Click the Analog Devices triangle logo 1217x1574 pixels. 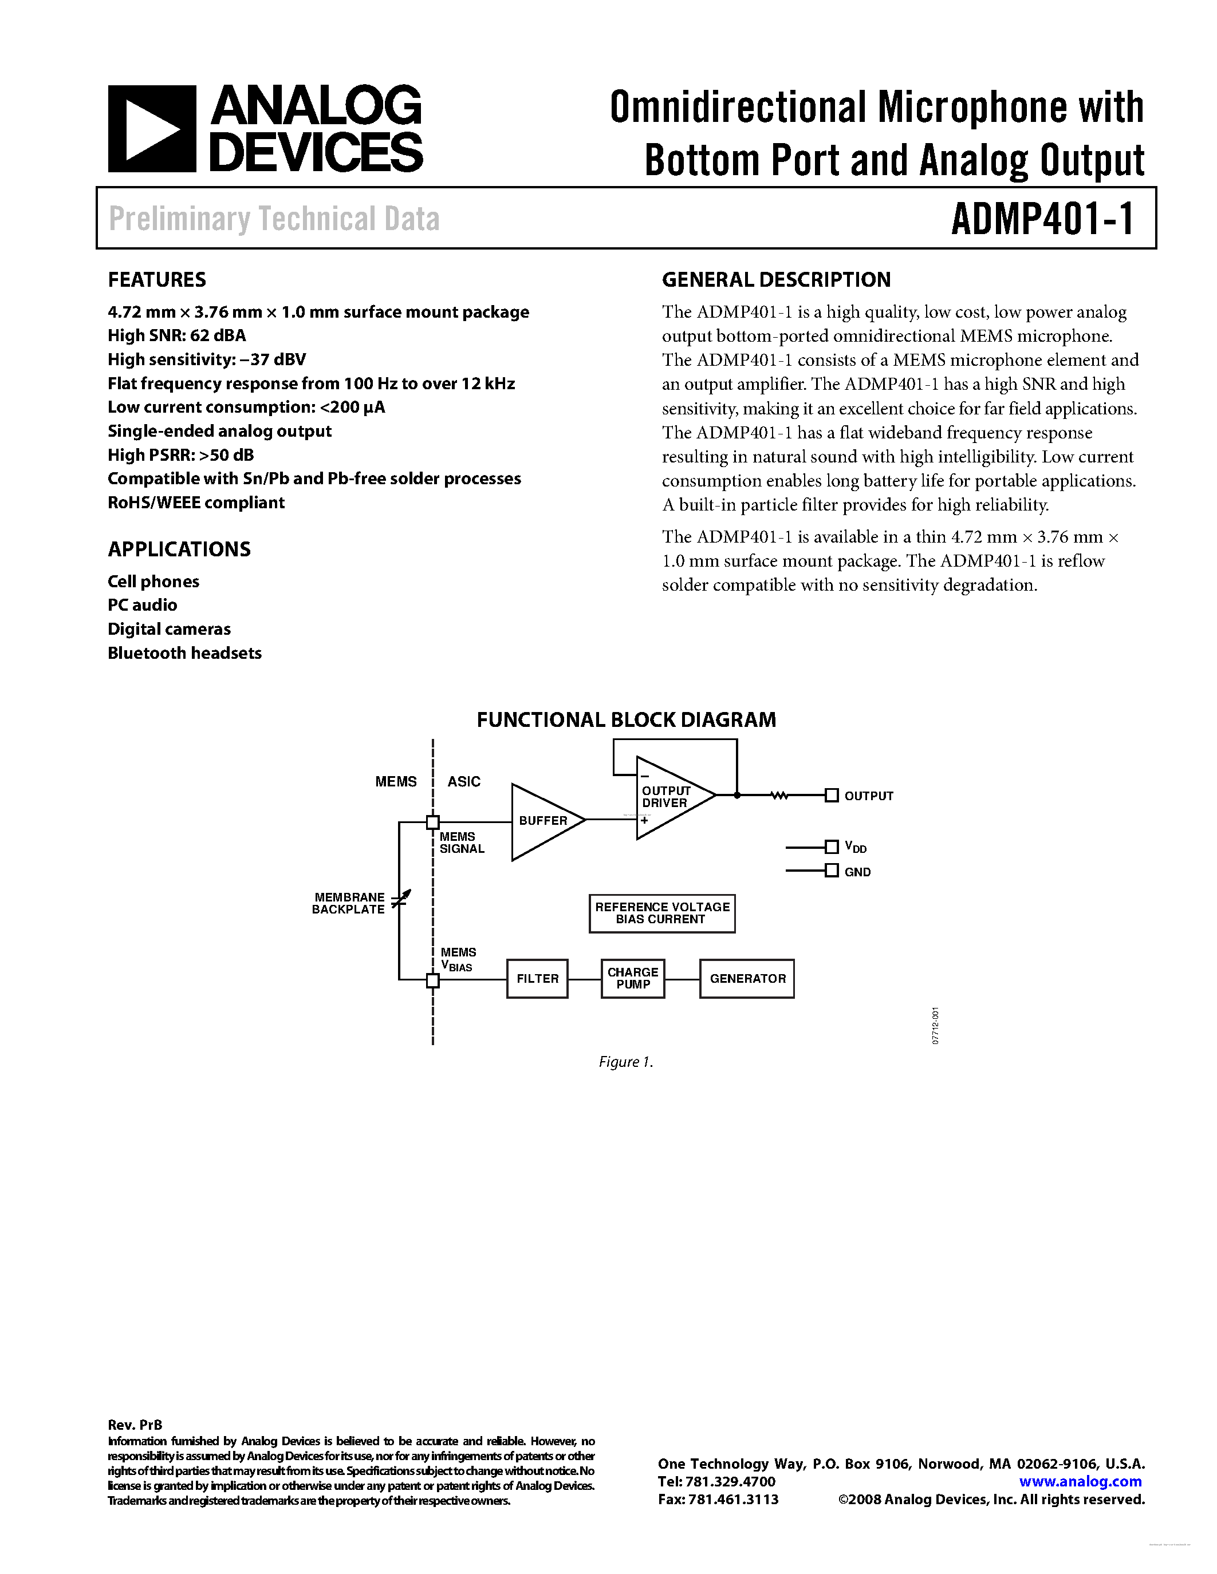coord(151,129)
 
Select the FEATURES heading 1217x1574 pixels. coord(156,280)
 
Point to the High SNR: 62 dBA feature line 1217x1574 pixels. coord(176,335)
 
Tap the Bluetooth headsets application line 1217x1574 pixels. coord(184,653)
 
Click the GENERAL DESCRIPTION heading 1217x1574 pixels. coord(776,280)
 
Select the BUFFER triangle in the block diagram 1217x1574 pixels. coord(543,821)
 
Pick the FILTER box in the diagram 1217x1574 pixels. coord(537,978)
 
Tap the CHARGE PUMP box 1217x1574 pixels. coord(632,978)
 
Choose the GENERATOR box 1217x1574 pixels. coord(747,978)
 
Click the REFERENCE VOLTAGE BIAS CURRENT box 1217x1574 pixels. coord(662,913)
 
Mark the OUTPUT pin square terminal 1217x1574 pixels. coord(831,796)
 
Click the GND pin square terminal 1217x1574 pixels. coord(831,871)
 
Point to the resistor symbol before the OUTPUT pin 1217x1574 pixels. coord(779,796)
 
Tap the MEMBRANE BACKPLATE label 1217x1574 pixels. coord(348,903)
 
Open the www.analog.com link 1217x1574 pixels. coord(1080,1481)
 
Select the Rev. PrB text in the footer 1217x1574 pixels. coord(135,1425)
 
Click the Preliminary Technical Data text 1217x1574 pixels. coord(274,219)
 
